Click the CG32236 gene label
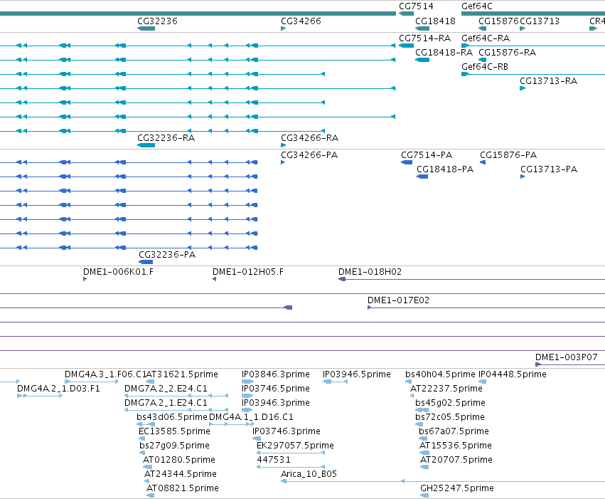[x=157, y=21]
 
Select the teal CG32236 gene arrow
[x=146, y=28]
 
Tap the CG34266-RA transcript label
[x=309, y=138]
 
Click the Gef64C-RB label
[x=485, y=66]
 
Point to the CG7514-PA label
[x=427, y=155]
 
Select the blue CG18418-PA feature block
[x=422, y=177]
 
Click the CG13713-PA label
[x=549, y=169]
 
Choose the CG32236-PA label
[x=167, y=255]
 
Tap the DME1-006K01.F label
[x=118, y=271]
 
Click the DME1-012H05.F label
[x=247, y=271]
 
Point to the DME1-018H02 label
[x=370, y=271]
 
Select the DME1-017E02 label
[x=398, y=300]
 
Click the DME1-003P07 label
[x=566, y=357]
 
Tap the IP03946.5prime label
[x=356, y=374]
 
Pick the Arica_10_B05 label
[x=309, y=474]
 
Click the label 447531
[x=274, y=460]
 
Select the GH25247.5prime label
[x=457, y=488]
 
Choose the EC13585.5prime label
[x=174, y=431]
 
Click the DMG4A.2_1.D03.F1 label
[x=58, y=388]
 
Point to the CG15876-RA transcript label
[x=507, y=52]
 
